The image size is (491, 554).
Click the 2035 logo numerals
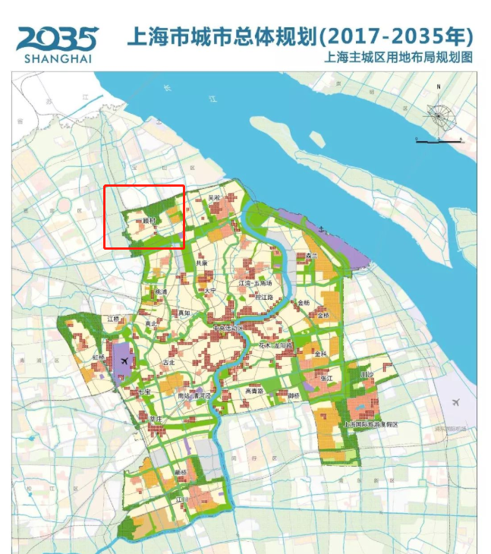point(57,38)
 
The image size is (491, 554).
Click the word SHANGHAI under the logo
point(57,58)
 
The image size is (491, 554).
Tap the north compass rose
point(439,115)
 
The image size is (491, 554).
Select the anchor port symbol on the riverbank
point(322,228)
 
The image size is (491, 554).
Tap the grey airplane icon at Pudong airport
point(455,401)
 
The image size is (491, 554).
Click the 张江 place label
point(326,378)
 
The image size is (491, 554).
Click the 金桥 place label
point(304,303)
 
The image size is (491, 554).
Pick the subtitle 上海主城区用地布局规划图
point(398,57)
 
